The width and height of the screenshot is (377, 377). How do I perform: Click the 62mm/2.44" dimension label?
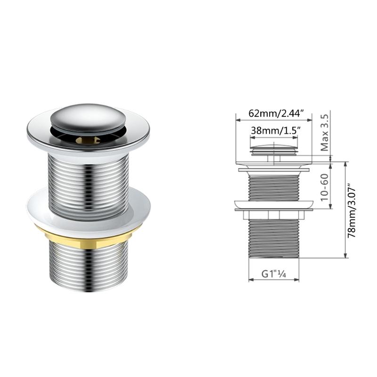(273, 114)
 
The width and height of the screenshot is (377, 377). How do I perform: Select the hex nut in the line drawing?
(273, 214)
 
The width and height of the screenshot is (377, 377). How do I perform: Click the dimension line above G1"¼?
(273, 279)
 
